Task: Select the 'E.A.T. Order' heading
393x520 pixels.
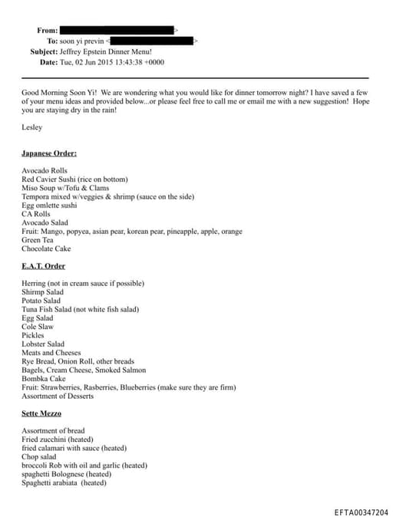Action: [44, 266]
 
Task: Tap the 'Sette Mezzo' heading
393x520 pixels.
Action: [42, 413]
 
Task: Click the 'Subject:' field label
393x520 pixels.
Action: [44, 51]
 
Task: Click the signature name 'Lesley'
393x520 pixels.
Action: [33, 127]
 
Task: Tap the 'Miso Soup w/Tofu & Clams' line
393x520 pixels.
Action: [65, 188]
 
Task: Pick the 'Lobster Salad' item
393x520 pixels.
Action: [44, 344]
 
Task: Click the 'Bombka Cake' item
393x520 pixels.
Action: [44, 379]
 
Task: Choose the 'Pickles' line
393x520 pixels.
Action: [34, 335]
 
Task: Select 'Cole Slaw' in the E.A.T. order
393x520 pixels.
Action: [38, 327]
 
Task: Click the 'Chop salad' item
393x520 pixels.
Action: [39, 456]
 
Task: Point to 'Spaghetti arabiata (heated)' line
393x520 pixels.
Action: [64, 483]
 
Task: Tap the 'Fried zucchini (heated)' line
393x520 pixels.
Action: [59, 439]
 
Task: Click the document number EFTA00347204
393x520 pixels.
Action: [362, 512]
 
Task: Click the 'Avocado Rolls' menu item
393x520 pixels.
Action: [45, 170]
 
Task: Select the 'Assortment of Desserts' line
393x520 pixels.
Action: [58, 396]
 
